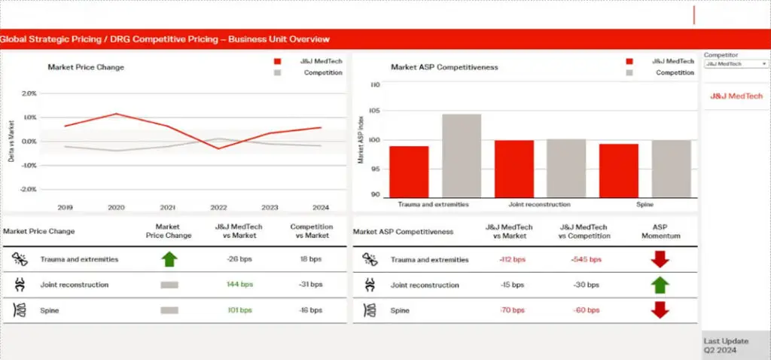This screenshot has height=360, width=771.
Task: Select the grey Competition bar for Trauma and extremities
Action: pyautogui.click(x=462, y=156)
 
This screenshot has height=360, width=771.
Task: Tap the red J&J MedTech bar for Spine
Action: pyautogui.click(x=619, y=171)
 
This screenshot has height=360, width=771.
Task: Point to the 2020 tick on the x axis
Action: pyautogui.click(x=116, y=206)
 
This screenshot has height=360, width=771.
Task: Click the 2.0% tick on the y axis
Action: pyautogui.click(x=29, y=93)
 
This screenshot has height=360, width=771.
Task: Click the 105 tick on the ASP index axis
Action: pyautogui.click(x=374, y=111)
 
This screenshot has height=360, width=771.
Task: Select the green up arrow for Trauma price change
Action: pyautogui.click(x=169, y=260)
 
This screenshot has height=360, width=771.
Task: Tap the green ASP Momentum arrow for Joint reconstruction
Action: pyautogui.click(x=660, y=285)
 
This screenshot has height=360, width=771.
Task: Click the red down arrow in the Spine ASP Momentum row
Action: pyautogui.click(x=660, y=310)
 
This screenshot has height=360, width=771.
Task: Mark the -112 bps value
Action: pyautogui.click(x=512, y=260)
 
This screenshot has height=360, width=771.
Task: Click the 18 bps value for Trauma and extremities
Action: pyautogui.click(x=310, y=260)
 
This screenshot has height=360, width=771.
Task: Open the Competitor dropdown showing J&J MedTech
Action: pyautogui.click(x=736, y=64)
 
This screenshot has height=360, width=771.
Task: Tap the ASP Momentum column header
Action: pyautogui.click(x=660, y=231)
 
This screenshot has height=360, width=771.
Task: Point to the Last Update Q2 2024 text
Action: pyautogui.click(x=726, y=346)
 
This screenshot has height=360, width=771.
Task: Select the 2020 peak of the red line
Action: pyautogui.click(x=116, y=114)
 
